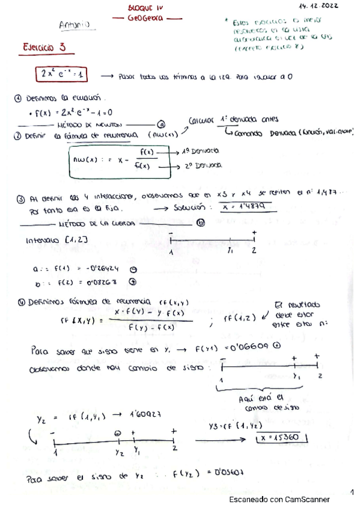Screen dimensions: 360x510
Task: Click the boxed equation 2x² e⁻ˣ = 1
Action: point(61,74)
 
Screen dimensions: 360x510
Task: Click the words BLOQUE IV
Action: point(146,7)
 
